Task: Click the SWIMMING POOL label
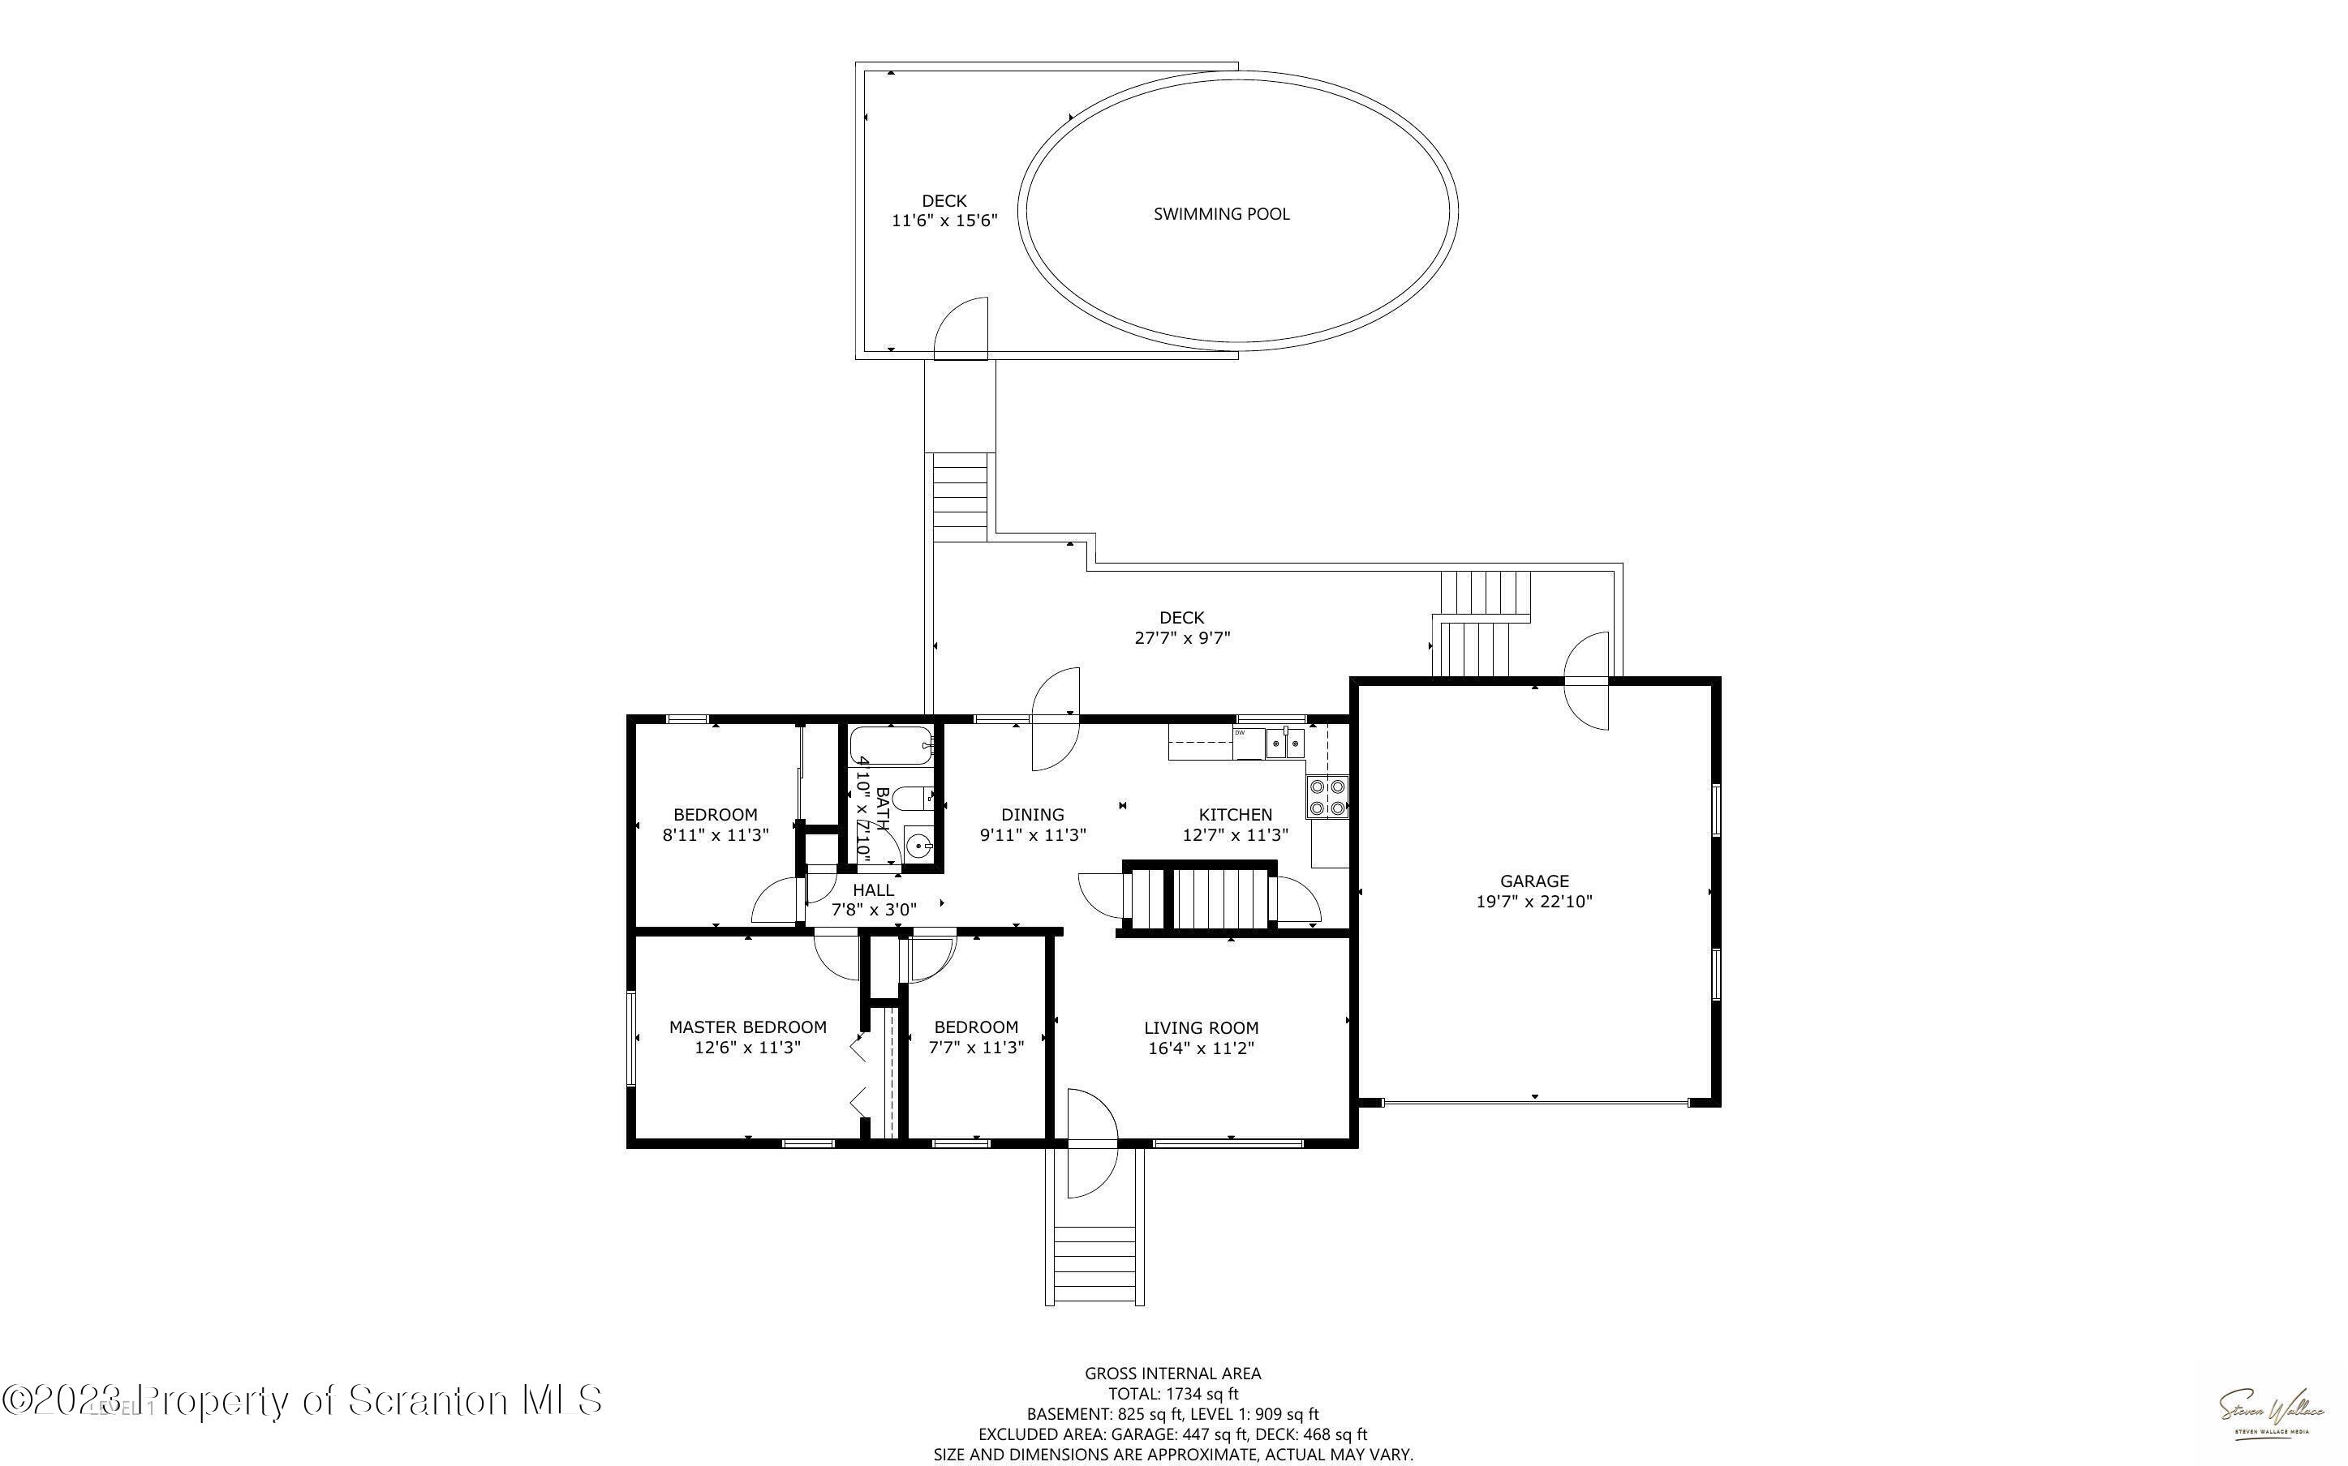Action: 1221,214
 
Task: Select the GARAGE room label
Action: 1533,881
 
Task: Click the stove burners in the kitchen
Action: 1327,797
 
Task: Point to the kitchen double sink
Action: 1285,744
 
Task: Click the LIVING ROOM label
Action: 1201,1028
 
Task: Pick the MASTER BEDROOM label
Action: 748,1027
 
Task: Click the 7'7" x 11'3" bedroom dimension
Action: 976,1047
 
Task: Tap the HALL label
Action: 873,889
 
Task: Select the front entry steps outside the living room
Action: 1094,1256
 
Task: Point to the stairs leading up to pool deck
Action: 959,496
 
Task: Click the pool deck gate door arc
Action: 962,330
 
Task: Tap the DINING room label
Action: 1032,814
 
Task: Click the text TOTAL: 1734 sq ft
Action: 1172,1393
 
